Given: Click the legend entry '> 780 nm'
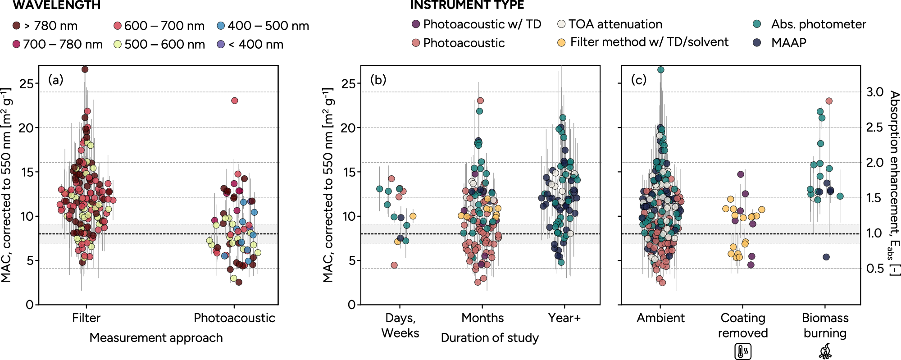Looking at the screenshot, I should [x=45, y=26].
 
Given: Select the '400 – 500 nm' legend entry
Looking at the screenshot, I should [x=263, y=26].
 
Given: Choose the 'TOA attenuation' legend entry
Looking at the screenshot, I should [x=610, y=24].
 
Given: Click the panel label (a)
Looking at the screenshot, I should [x=56, y=80].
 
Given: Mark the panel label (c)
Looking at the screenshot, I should [x=639, y=80].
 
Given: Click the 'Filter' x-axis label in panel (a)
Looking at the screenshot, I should [x=86, y=318].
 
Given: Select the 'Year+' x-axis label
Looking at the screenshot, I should [x=564, y=318].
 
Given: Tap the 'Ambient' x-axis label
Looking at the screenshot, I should [x=660, y=318].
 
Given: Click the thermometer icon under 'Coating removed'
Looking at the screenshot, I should [x=743, y=351].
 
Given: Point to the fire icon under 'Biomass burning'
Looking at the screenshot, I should [x=825, y=351].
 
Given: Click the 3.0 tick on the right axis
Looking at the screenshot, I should [x=875, y=92].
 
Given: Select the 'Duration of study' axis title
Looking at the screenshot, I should [x=490, y=337].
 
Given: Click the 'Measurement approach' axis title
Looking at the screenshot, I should [x=156, y=337].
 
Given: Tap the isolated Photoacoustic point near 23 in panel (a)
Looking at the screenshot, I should [x=234, y=100].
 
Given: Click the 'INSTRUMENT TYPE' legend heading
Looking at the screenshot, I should [x=467, y=5].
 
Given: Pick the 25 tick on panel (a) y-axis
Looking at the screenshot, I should [x=27, y=83].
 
